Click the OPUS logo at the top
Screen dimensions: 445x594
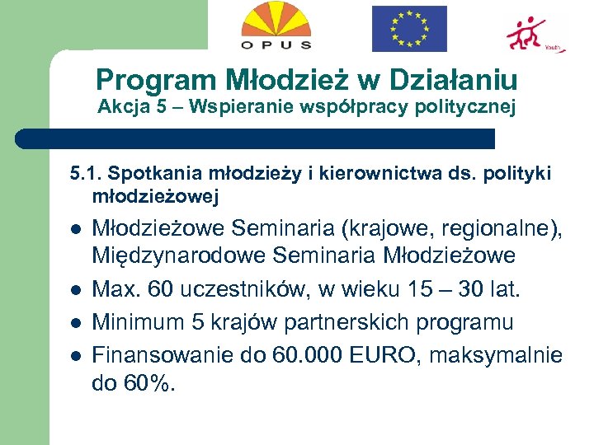click(x=276, y=26)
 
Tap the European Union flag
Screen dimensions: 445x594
click(x=408, y=28)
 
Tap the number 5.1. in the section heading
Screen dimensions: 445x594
click(x=86, y=174)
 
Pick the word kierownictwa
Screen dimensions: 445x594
click(x=351, y=174)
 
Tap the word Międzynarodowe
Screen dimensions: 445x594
click(x=177, y=255)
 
